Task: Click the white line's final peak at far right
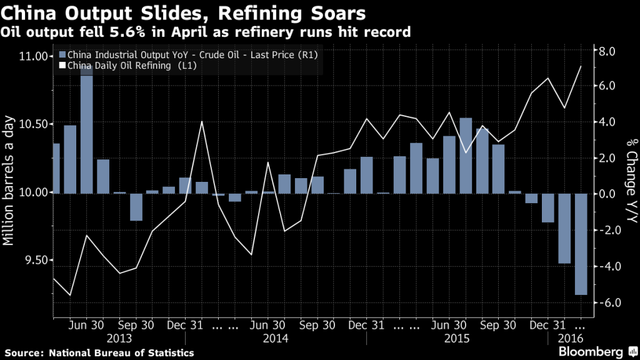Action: click(581, 66)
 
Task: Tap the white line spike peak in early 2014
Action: click(202, 121)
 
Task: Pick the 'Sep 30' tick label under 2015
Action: click(498, 326)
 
